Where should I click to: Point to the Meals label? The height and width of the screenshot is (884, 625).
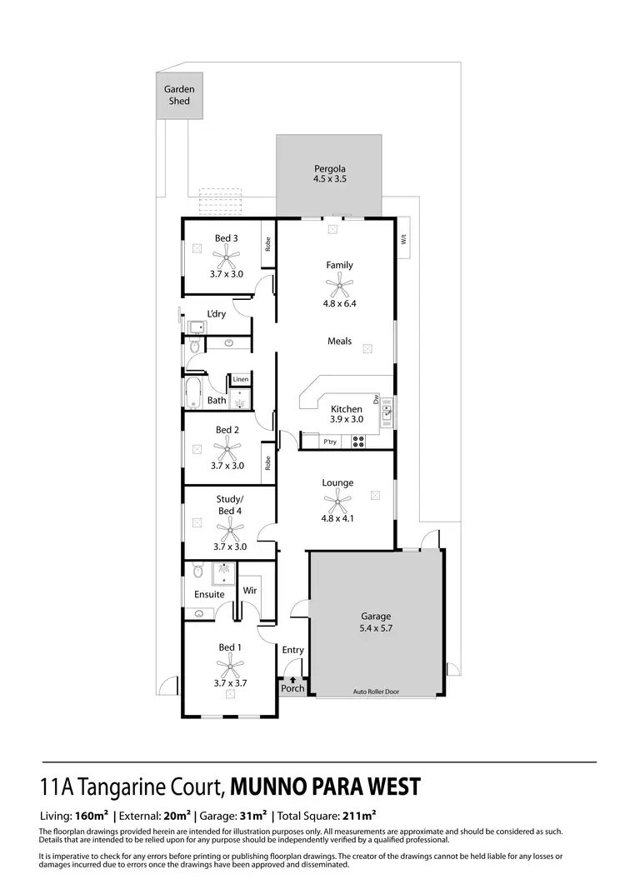[x=339, y=341]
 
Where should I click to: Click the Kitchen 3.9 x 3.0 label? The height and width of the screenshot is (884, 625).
[x=346, y=414]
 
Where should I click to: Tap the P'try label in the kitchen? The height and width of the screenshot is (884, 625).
[x=330, y=442]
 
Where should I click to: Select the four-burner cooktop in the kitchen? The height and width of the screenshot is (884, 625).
[x=358, y=442]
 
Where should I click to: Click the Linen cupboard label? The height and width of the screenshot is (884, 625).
[x=240, y=380]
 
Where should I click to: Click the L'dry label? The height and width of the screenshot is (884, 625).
[x=217, y=314]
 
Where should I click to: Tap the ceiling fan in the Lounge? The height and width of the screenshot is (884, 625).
[x=337, y=502]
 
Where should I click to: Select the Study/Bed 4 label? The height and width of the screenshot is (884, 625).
[x=228, y=505]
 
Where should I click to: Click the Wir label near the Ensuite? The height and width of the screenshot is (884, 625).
[x=249, y=590]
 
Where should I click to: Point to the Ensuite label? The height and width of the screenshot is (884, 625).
[x=209, y=595]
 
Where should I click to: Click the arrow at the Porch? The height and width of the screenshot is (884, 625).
[x=292, y=679]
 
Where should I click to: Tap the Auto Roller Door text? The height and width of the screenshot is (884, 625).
[x=376, y=692]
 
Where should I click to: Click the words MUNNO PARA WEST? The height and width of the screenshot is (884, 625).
[x=325, y=787]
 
